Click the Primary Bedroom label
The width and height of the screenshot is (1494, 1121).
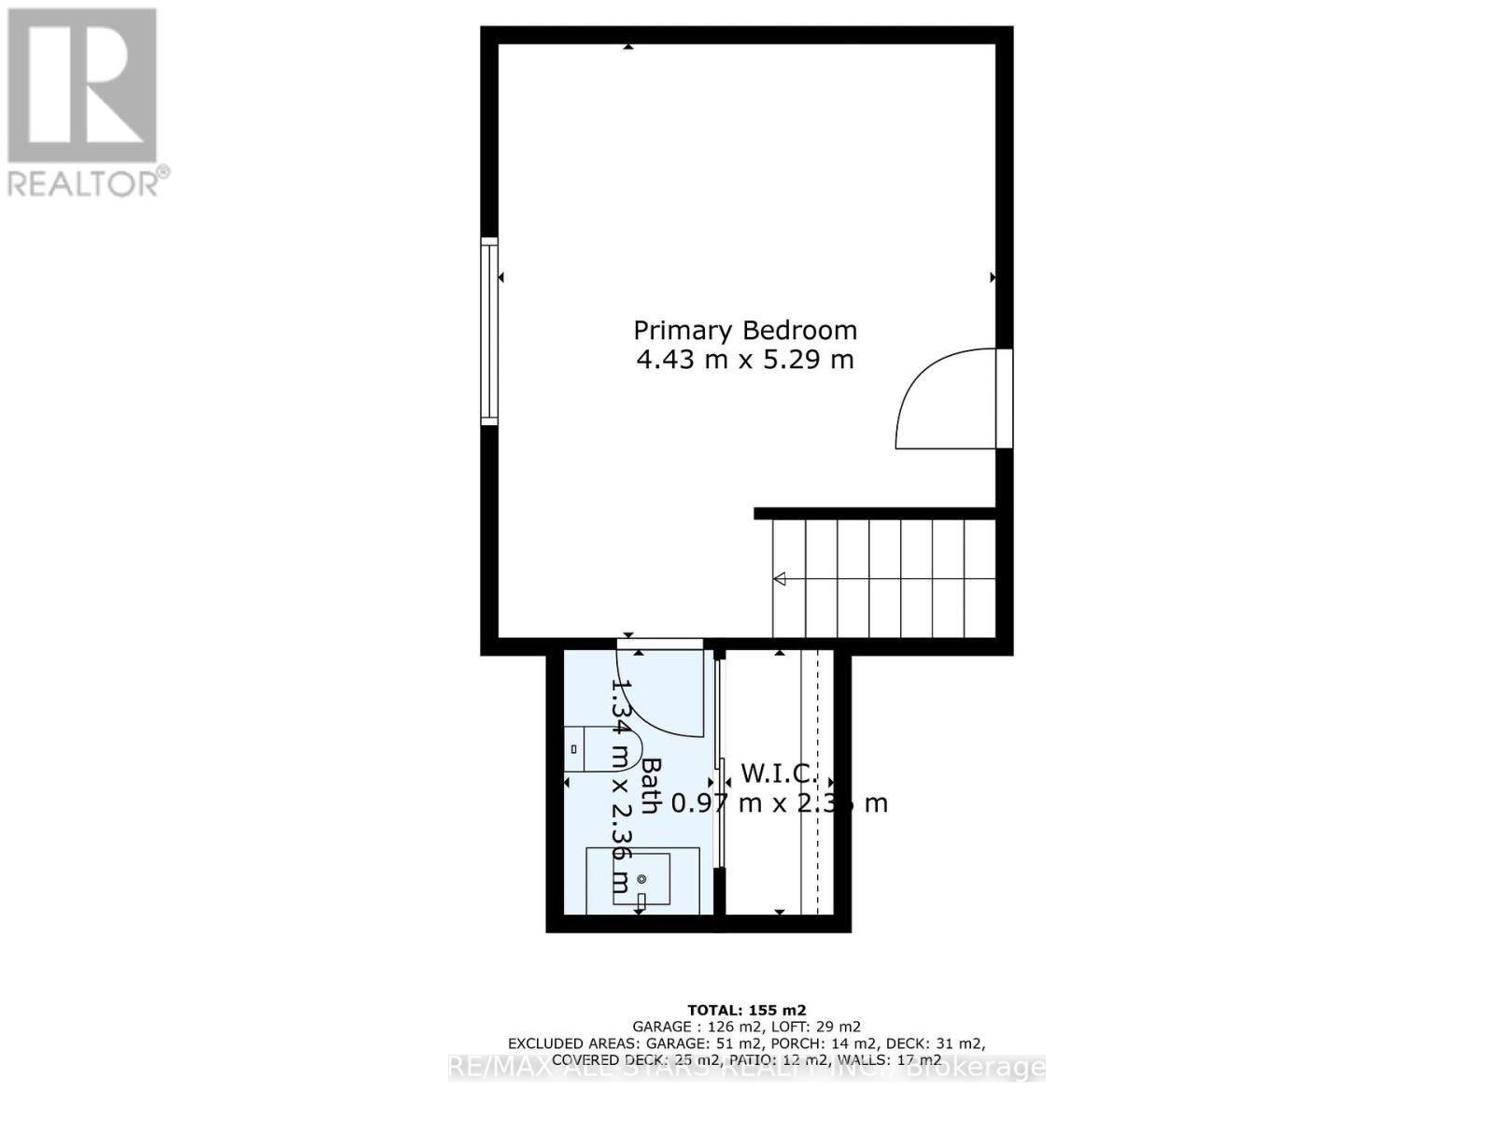coord(745,331)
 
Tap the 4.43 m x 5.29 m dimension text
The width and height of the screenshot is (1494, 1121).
coord(745,360)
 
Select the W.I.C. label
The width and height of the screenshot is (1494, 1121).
coord(779,773)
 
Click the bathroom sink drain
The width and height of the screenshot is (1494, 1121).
coord(641,879)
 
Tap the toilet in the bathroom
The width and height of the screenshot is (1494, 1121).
coord(602,748)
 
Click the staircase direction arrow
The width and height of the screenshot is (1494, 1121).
coord(779,579)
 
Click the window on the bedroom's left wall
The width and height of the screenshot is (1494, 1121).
coord(489,332)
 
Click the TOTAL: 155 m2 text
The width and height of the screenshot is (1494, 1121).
coord(746,1010)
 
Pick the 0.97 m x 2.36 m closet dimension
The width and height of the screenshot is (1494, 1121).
coord(780,803)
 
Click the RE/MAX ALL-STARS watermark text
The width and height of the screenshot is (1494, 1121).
coord(747,1068)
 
